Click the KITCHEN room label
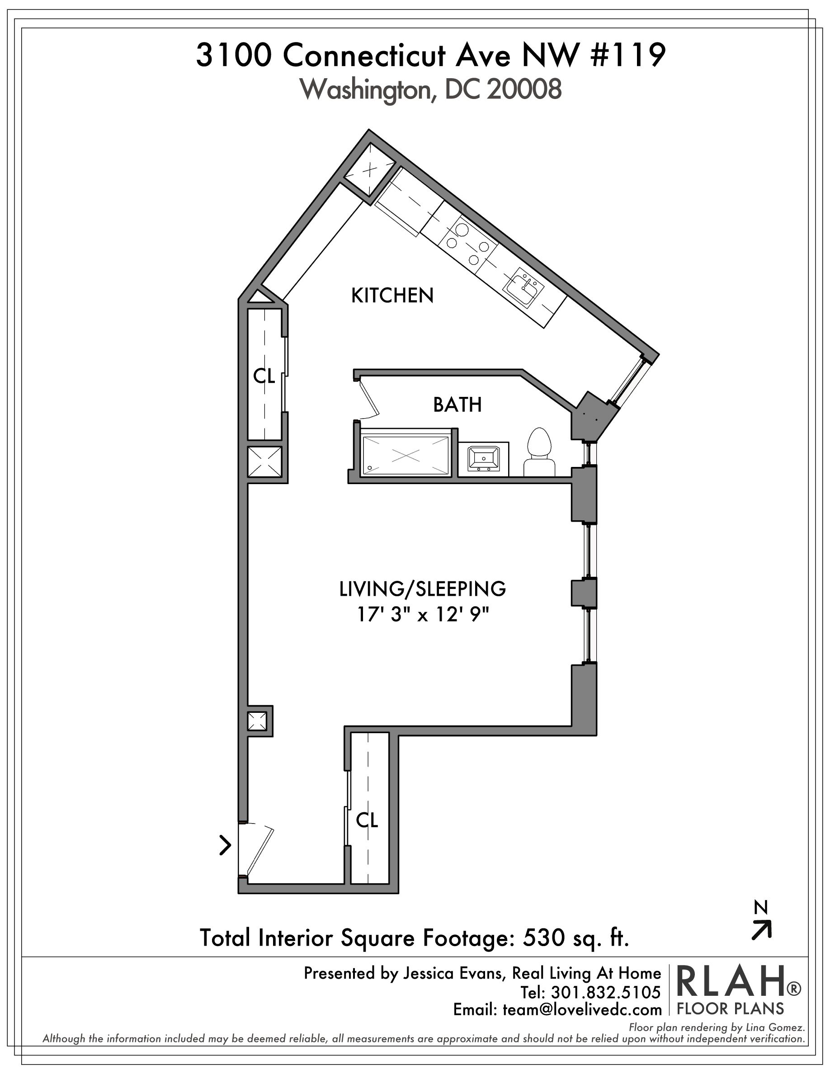click(x=392, y=296)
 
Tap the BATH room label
click(x=457, y=405)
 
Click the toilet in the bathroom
click(x=539, y=453)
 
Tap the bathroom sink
click(x=484, y=459)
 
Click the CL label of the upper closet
click(x=264, y=376)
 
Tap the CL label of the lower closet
click(x=367, y=820)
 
